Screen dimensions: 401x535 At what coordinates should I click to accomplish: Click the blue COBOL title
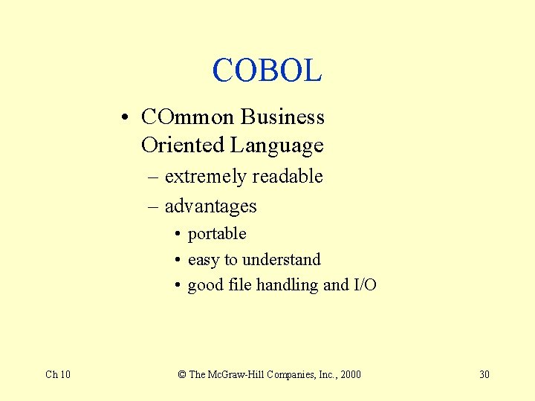[x=267, y=71]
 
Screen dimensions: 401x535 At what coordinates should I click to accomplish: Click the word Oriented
[x=183, y=145]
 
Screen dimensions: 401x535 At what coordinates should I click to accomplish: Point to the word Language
[x=277, y=145]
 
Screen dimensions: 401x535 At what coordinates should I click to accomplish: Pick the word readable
[x=288, y=177]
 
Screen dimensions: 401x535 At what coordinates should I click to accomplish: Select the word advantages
[x=210, y=206]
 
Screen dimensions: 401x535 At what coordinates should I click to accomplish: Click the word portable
[x=217, y=234]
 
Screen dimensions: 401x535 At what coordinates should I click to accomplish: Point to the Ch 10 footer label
[x=58, y=374]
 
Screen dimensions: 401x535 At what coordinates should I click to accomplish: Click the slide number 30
[x=484, y=374]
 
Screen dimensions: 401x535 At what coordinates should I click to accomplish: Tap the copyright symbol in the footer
[x=182, y=374]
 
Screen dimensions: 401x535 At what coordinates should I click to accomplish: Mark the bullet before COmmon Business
[x=129, y=118]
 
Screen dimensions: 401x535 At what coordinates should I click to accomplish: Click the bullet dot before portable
[x=179, y=235]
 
